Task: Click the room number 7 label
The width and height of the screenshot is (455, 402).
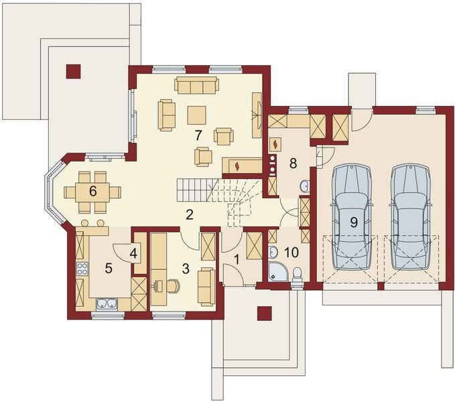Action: coord(198,135)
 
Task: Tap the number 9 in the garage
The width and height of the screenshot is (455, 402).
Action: coord(354,222)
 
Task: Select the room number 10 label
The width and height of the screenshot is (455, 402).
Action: coord(291,253)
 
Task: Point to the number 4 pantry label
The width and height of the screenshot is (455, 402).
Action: coord(133,254)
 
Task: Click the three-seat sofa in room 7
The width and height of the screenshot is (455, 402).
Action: coord(196,85)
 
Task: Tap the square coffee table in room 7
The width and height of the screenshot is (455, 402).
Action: coord(197,115)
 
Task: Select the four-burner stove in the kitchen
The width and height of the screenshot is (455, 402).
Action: coord(82,269)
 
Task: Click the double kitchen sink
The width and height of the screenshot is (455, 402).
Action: coord(107,304)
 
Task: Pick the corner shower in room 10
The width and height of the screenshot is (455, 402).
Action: coord(277,272)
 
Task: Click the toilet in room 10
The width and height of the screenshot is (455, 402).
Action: coord(297,275)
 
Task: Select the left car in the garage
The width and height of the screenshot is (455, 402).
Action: coord(352,216)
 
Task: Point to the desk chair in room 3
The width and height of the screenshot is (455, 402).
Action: coord(173,286)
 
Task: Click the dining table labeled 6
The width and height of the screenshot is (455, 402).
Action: coord(92,192)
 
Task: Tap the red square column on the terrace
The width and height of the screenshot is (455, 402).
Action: coord(73,71)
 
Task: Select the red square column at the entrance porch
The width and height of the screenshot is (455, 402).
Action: coord(264,314)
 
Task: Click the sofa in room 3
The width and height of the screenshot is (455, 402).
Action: coord(206,287)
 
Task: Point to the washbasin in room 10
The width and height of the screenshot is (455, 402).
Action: coord(272,251)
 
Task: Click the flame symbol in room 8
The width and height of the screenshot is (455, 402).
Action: coord(275,144)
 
